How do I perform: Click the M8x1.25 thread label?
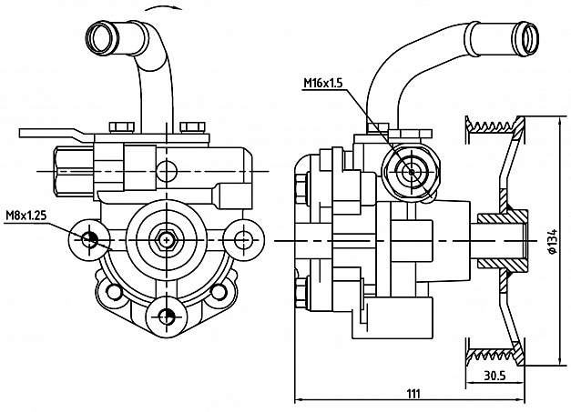click(25, 216)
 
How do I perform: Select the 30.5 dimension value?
click(495, 375)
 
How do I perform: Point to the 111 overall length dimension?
click(412, 393)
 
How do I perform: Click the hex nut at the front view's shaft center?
click(165, 239)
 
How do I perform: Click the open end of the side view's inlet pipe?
click(528, 35)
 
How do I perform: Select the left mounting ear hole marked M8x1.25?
click(89, 239)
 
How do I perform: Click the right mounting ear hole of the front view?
click(241, 239)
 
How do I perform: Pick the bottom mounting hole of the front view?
click(165, 316)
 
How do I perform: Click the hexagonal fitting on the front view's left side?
click(69, 170)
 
